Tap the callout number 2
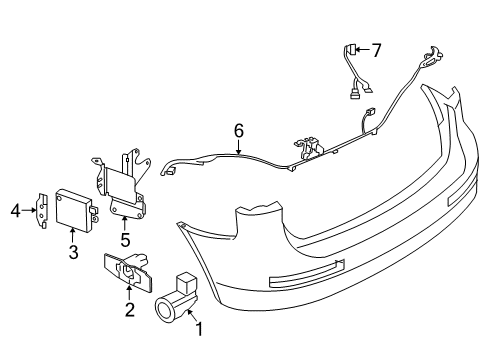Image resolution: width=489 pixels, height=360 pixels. click(x=129, y=311)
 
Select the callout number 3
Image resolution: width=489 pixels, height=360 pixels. click(x=74, y=254)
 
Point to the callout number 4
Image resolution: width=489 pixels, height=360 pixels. click(x=16, y=211)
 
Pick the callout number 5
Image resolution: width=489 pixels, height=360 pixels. click(x=125, y=239)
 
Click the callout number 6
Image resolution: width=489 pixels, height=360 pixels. click(x=239, y=130)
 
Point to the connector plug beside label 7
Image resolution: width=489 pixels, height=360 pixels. click(x=354, y=49)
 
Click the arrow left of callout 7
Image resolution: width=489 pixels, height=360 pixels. click(x=365, y=48)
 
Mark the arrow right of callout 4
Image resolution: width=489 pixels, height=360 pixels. click(x=30, y=211)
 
